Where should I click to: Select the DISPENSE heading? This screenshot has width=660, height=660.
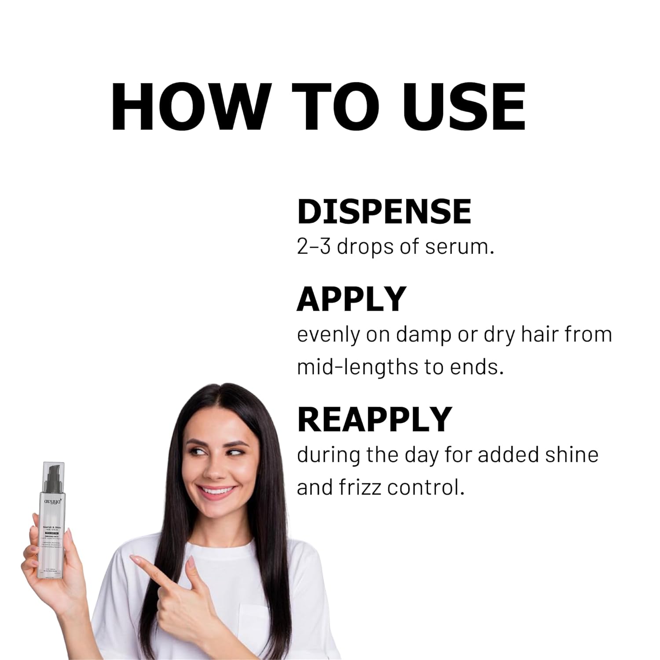(384, 212)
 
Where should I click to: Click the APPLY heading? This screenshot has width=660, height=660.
(351, 299)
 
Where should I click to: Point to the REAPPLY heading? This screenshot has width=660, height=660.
(374, 420)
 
